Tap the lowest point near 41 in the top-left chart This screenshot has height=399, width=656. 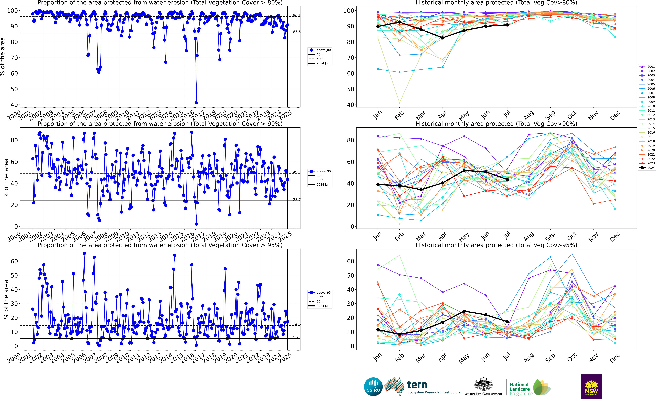196,103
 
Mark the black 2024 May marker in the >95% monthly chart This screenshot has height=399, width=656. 464,311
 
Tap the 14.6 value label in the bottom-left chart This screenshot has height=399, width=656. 296,324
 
